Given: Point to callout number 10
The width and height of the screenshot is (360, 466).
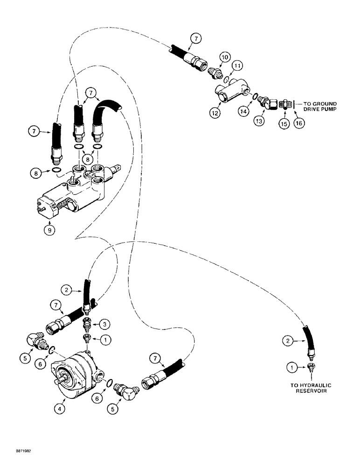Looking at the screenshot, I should pyautogui.click(x=225, y=57).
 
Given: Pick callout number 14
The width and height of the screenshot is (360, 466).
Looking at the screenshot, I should pyautogui.click(x=243, y=111).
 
